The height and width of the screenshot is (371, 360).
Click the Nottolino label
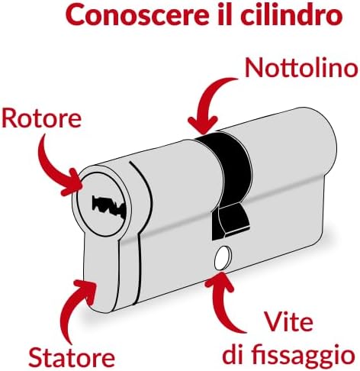point(301,67)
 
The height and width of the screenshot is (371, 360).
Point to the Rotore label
point(42,118)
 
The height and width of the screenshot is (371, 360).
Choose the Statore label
point(72,357)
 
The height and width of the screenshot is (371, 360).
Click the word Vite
point(288,322)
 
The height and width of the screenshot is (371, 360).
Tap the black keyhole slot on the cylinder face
point(109,207)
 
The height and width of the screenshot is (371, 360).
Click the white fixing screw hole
point(223,258)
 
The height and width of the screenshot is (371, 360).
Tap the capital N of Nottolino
point(253,68)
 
